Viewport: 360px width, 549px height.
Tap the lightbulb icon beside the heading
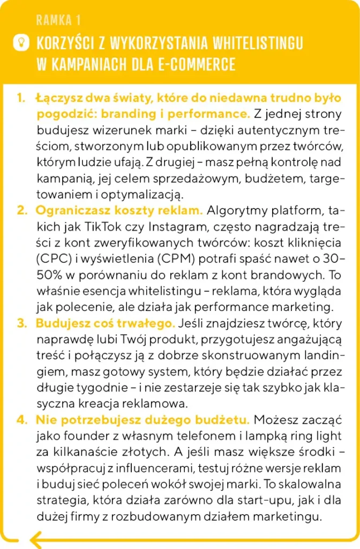[22, 42]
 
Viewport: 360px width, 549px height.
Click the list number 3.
[21, 324]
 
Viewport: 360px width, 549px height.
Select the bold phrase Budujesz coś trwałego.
[105, 324]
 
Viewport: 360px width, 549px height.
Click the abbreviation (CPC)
[53, 259]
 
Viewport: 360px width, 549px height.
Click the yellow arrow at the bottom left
[40, 537]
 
